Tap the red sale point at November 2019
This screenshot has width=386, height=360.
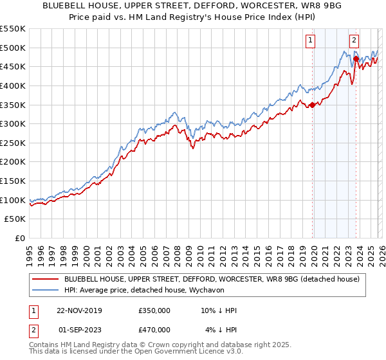coord(312,105)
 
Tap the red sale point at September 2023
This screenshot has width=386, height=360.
coord(356,59)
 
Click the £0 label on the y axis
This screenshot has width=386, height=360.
coord(20,238)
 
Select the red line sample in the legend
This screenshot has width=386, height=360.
coord(46,279)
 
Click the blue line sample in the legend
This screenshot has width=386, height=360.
coord(46,290)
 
